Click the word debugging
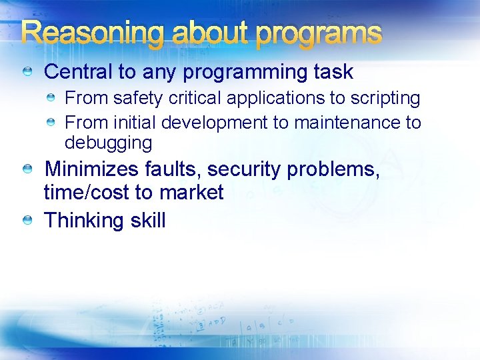click(108, 143)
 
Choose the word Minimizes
click(92, 169)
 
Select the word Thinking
click(83, 221)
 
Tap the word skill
click(147, 221)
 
